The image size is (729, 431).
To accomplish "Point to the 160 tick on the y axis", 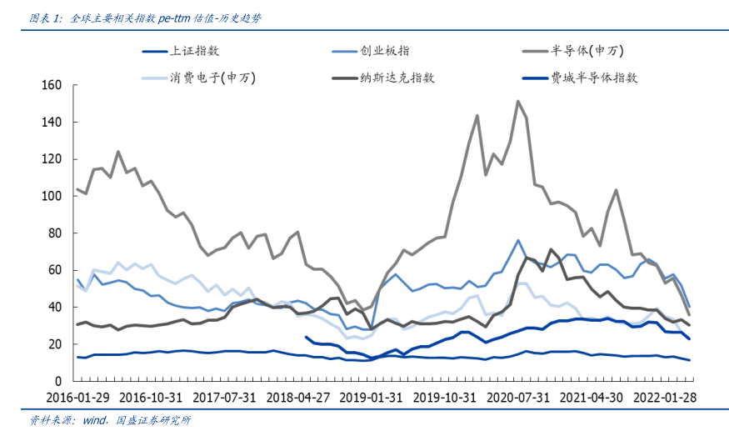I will coord(52,85).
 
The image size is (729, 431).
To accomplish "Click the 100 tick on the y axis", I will coord(52,196).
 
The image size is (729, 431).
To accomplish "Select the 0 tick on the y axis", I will coord(59,381).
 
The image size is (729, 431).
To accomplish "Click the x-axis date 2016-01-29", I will coord(77,398).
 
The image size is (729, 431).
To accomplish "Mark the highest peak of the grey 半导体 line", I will coord(518,102).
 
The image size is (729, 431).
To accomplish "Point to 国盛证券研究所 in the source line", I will coord(153,419).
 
